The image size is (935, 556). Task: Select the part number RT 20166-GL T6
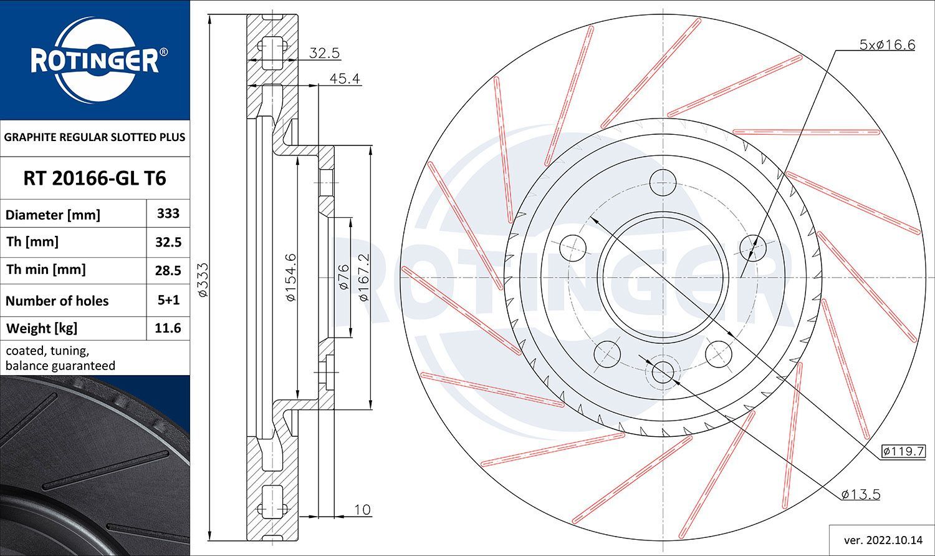(95, 178)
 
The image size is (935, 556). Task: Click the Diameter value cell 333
(168, 213)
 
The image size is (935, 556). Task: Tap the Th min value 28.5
(168, 271)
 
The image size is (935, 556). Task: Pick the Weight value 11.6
(168, 328)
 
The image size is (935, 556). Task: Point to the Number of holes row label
(57, 301)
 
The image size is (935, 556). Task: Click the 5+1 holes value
(168, 300)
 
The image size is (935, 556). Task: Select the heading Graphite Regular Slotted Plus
(94, 137)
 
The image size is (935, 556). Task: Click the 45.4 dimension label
(345, 79)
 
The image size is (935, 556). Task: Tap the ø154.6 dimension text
(291, 277)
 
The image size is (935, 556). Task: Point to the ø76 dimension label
(343, 277)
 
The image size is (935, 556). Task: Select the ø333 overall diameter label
(203, 280)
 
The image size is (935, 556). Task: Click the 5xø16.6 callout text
(887, 45)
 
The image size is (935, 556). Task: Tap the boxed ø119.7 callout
(903, 451)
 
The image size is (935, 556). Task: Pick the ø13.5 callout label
(861, 495)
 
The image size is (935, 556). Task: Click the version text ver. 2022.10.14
(883, 540)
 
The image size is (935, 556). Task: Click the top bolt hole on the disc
(663, 183)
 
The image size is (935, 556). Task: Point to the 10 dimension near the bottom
(362, 510)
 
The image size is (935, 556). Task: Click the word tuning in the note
(69, 351)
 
